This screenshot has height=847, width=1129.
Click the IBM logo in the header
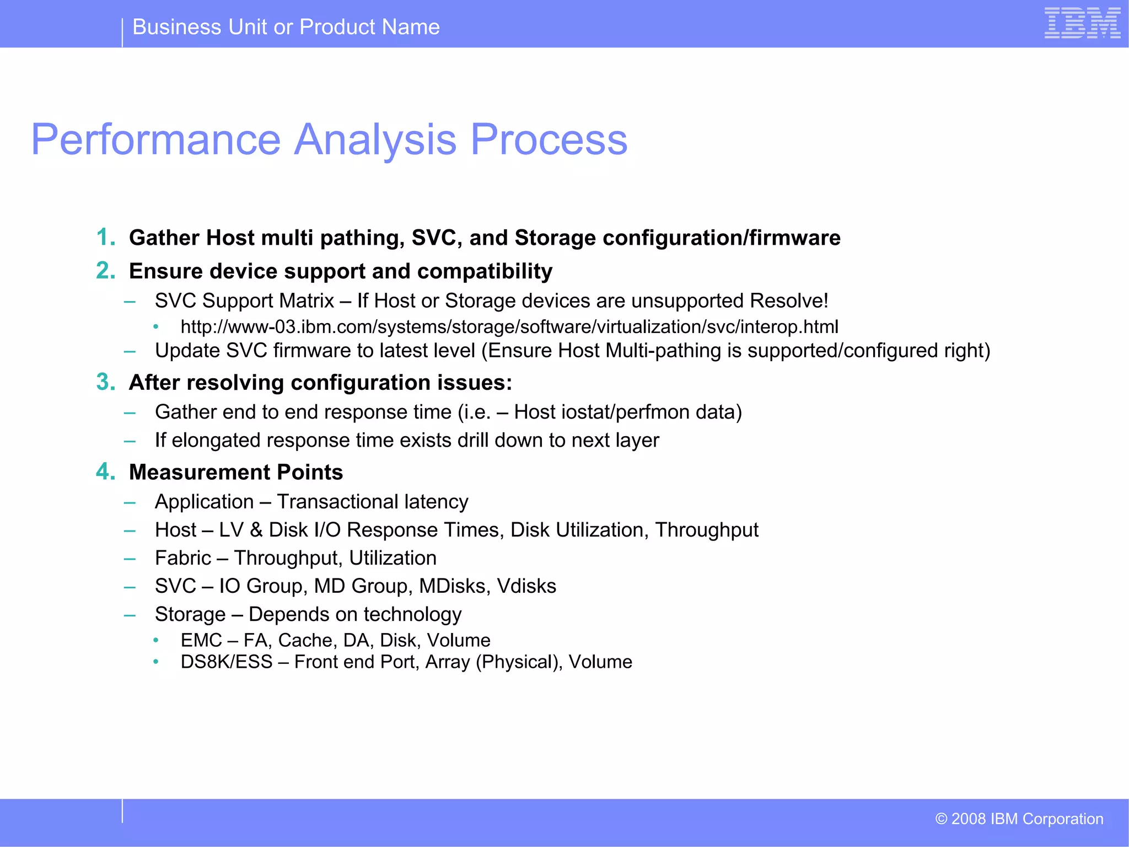click(x=1082, y=23)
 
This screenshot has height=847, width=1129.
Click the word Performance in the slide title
click(x=156, y=140)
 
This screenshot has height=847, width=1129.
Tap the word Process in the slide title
click(x=549, y=140)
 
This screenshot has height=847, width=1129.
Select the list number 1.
click(x=105, y=238)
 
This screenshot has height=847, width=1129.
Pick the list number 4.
click(x=105, y=472)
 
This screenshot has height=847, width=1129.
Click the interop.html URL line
click(x=509, y=327)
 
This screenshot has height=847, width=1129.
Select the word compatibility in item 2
click(x=485, y=271)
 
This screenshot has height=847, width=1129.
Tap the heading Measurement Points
click(x=236, y=473)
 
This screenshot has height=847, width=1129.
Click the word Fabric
click(x=183, y=558)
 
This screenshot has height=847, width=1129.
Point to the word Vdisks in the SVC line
click(x=526, y=586)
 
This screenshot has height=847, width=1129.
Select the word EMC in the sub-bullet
click(x=201, y=640)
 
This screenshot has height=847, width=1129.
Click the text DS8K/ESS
click(x=227, y=662)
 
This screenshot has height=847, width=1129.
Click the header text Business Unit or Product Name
click(x=286, y=27)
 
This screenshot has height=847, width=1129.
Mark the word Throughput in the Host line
click(x=706, y=530)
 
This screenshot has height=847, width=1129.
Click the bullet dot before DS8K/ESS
click(x=156, y=662)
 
